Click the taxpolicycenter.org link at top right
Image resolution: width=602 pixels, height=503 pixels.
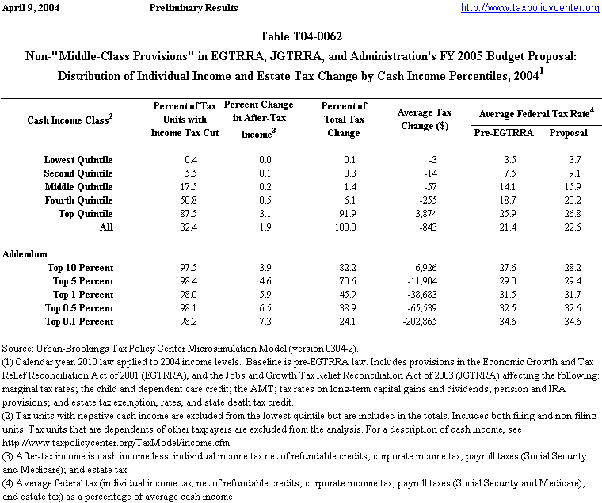tap(530, 8)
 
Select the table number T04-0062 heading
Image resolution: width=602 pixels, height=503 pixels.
tap(301, 36)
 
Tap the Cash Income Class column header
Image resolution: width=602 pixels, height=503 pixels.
tap(70, 119)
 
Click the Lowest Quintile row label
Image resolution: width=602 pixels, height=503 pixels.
tap(78, 160)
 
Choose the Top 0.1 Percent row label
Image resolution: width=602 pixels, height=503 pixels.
tap(79, 322)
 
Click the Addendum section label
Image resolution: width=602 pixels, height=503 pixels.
tap(25, 254)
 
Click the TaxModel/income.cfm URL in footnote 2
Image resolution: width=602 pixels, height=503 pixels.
tap(94, 444)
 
